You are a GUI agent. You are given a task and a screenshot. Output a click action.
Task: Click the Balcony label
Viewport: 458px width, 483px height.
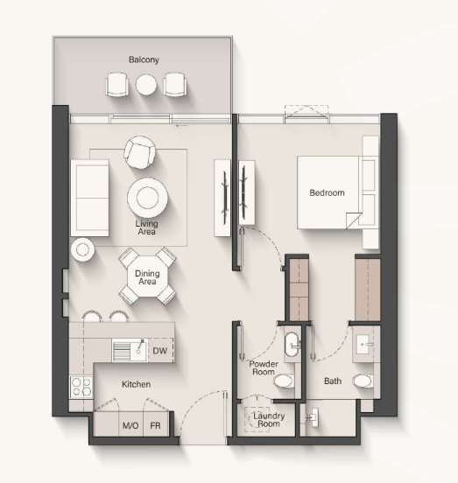point(144,59)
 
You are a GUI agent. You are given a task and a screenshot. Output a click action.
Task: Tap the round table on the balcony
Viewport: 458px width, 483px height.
point(146,85)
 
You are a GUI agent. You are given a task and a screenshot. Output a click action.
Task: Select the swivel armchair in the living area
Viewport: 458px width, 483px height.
point(139,152)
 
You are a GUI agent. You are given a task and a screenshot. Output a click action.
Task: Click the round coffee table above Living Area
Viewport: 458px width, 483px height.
point(147,198)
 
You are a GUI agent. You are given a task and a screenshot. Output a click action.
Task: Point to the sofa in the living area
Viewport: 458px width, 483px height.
point(89,198)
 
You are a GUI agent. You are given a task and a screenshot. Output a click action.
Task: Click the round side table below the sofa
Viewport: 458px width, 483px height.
point(82,249)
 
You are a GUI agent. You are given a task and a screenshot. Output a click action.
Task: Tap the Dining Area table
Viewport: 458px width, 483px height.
point(147,276)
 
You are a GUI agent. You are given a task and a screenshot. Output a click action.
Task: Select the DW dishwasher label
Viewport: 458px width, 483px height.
point(160,351)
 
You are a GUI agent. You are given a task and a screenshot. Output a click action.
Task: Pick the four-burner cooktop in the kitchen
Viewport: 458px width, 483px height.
point(81,387)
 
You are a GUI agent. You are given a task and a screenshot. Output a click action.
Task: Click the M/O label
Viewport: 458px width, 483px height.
point(130,426)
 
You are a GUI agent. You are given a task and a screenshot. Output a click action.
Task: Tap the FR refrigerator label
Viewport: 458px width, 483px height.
point(155,426)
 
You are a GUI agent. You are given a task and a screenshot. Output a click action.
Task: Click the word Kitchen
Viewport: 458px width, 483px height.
point(137,384)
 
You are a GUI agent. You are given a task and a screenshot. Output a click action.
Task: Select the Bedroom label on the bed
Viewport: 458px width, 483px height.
point(327,192)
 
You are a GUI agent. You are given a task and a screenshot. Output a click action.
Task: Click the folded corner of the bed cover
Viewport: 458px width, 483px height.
point(353,220)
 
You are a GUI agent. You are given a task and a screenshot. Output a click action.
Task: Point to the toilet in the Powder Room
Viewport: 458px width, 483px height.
point(284,381)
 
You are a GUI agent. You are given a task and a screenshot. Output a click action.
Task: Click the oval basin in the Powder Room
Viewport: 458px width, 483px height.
point(292,344)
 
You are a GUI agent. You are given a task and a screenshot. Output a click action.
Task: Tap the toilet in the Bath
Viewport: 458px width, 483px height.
point(363,381)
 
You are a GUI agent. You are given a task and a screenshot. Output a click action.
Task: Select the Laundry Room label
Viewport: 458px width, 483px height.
point(269,420)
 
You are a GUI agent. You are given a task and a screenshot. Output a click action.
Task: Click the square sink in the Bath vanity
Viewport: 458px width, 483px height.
point(365,345)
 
